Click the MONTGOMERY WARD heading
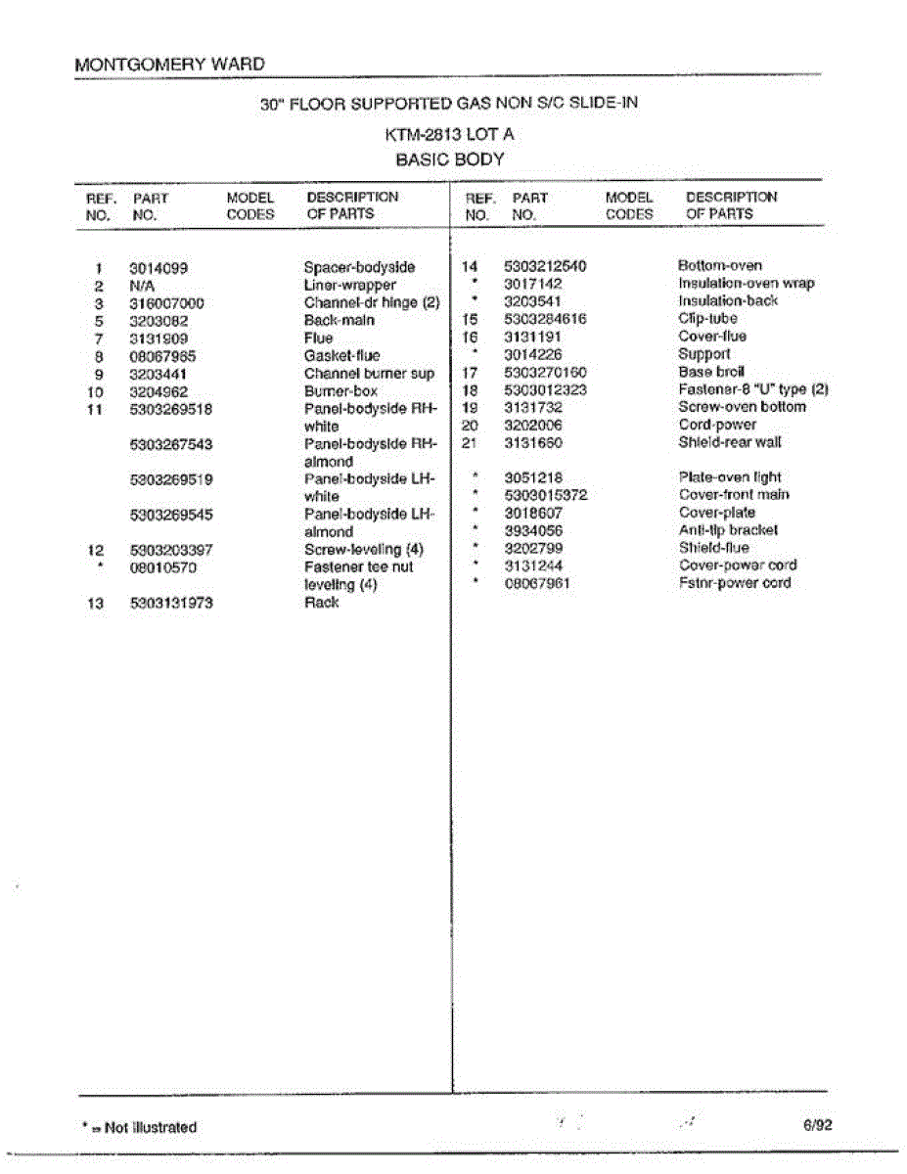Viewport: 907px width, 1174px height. [x=169, y=65]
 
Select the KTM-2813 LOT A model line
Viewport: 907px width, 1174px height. [x=449, y=135]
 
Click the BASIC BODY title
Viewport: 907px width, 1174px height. [x=449, y=158]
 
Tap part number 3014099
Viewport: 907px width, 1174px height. [x=159, y=267]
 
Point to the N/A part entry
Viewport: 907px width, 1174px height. [x=143, y=285]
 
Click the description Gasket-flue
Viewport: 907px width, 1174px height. [x=341, y=355]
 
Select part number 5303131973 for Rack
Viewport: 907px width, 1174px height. [x=171, y=603]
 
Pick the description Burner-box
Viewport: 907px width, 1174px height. [x=340, y=390]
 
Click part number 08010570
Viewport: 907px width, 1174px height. [x=163, y=567]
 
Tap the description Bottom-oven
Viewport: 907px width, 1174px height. [x=719, y=265]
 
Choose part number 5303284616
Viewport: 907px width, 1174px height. [x=545, y=319]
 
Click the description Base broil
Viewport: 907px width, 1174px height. [x=711, y=372]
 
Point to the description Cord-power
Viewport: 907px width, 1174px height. [x=717, y=425]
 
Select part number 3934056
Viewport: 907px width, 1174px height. [x=533, y=530]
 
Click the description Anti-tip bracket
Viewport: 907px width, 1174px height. [x=728, y=530]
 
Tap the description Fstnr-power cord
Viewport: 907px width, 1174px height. [x=735, y=583]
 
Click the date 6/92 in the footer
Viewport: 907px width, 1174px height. [x=817, y=1125]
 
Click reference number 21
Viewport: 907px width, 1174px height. [x=468, y=442]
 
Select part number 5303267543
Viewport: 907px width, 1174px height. [x=171, y=444]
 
